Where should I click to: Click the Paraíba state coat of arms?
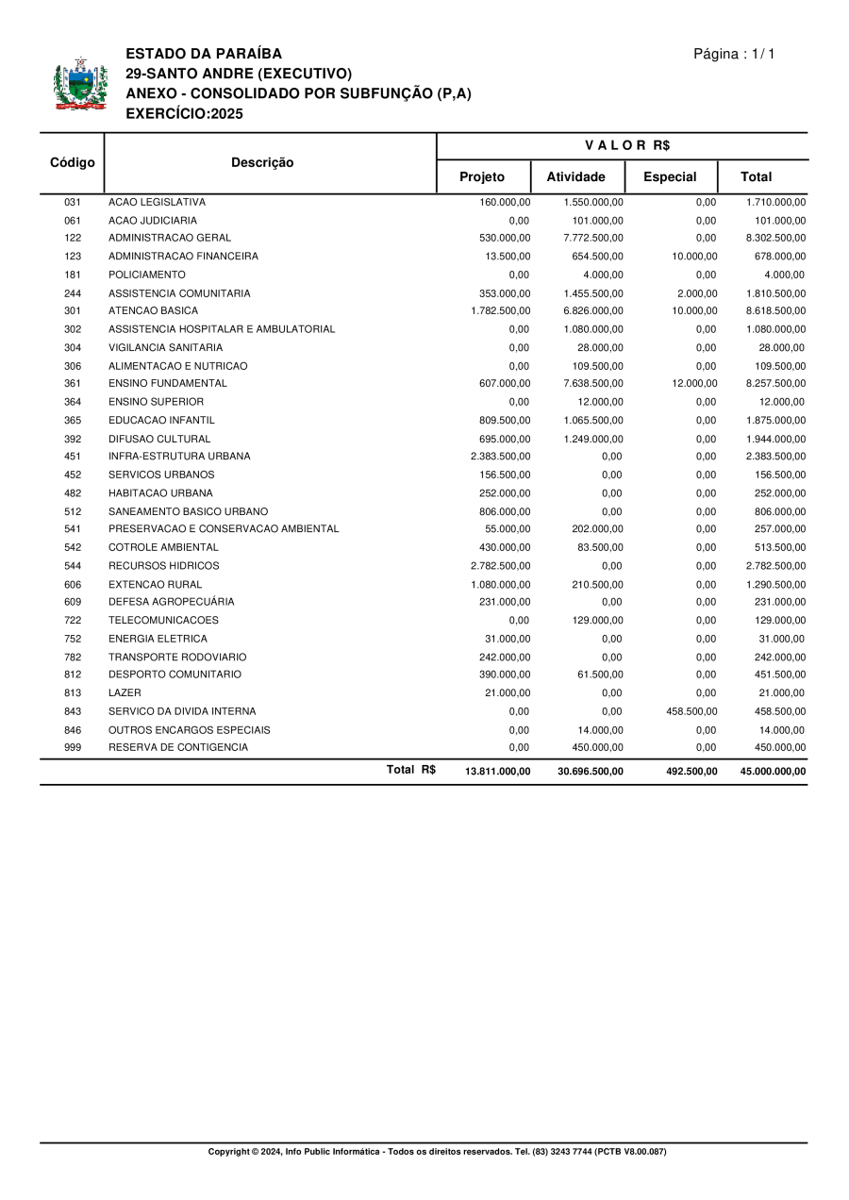[x=81, y=85]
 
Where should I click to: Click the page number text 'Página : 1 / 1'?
[x=734, y=54]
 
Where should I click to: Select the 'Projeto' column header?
[x=482, y=177]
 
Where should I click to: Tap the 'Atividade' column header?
[x=575, y=177]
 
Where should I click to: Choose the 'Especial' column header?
[x=670, y=177]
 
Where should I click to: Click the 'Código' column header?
[x=72, y=162]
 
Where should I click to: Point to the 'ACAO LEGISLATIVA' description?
[x=157, y=202]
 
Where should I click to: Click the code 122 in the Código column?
[x=73, y=238]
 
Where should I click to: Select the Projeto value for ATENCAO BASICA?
[x=500, y=310]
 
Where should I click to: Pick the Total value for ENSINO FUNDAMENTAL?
[x=775, y=384]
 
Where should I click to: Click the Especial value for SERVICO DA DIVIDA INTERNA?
[x=691, y=711]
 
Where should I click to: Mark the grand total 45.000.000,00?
[x=773, y=772]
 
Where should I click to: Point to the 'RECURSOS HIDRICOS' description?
[x=163, y=566]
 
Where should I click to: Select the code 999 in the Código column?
[x=73, y=748]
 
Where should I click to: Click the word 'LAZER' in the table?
[x=125, y=693]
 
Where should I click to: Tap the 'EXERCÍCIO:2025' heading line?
[x=184, y=114]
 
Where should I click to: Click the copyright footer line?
[x=437, y=1152]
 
